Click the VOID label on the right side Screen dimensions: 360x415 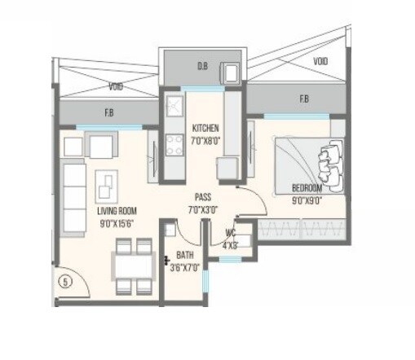point(321,61)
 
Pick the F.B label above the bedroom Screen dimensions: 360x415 point(303,99)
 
